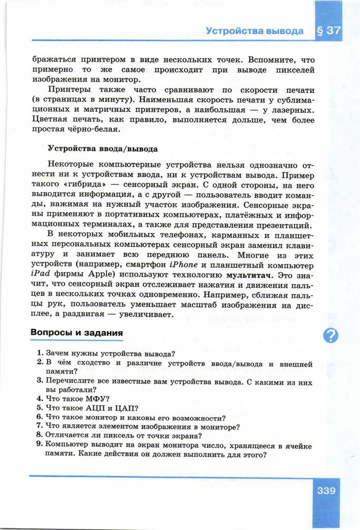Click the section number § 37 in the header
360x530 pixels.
pos(329,31)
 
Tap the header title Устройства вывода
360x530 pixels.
pos(254,31)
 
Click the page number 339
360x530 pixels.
pos(326,490)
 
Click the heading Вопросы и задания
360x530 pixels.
pos(76,332)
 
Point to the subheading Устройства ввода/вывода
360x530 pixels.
pos(102,149)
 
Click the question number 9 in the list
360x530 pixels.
pos(39,445)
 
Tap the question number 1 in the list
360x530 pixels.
pos(39,354)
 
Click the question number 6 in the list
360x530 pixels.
pos(39,417)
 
